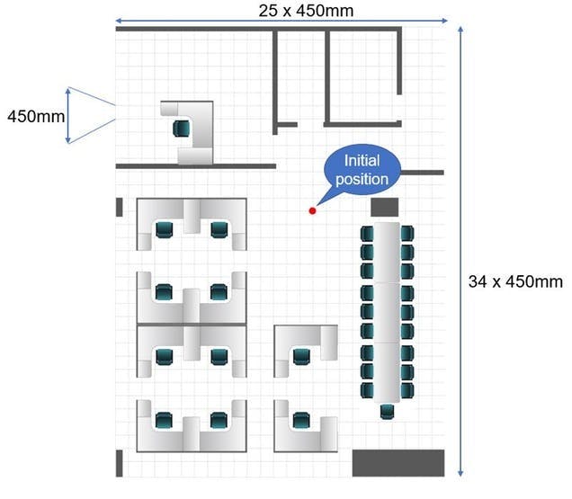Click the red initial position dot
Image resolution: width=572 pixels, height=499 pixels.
click(312, 210)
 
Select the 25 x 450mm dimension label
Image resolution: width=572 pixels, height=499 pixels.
click(294, 11)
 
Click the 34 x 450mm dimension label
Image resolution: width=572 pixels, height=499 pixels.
click(515, 281)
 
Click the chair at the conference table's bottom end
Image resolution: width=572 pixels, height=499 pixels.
click(387, 412)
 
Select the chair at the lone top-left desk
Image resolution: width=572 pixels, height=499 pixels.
click(184, 128)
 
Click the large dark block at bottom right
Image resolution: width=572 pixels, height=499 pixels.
click(397, 462)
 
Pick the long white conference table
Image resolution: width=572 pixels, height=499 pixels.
click(387, 310)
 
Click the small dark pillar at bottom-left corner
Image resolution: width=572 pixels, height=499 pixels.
click(120, 463)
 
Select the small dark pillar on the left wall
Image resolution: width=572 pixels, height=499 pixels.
click(119, 207)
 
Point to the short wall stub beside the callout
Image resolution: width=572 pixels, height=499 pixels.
click(422, 172)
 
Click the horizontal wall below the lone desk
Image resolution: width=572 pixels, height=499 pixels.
click(195, 166)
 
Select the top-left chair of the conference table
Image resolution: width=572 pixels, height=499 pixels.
click(367, 234)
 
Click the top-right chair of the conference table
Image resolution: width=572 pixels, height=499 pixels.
click(407, 234)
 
